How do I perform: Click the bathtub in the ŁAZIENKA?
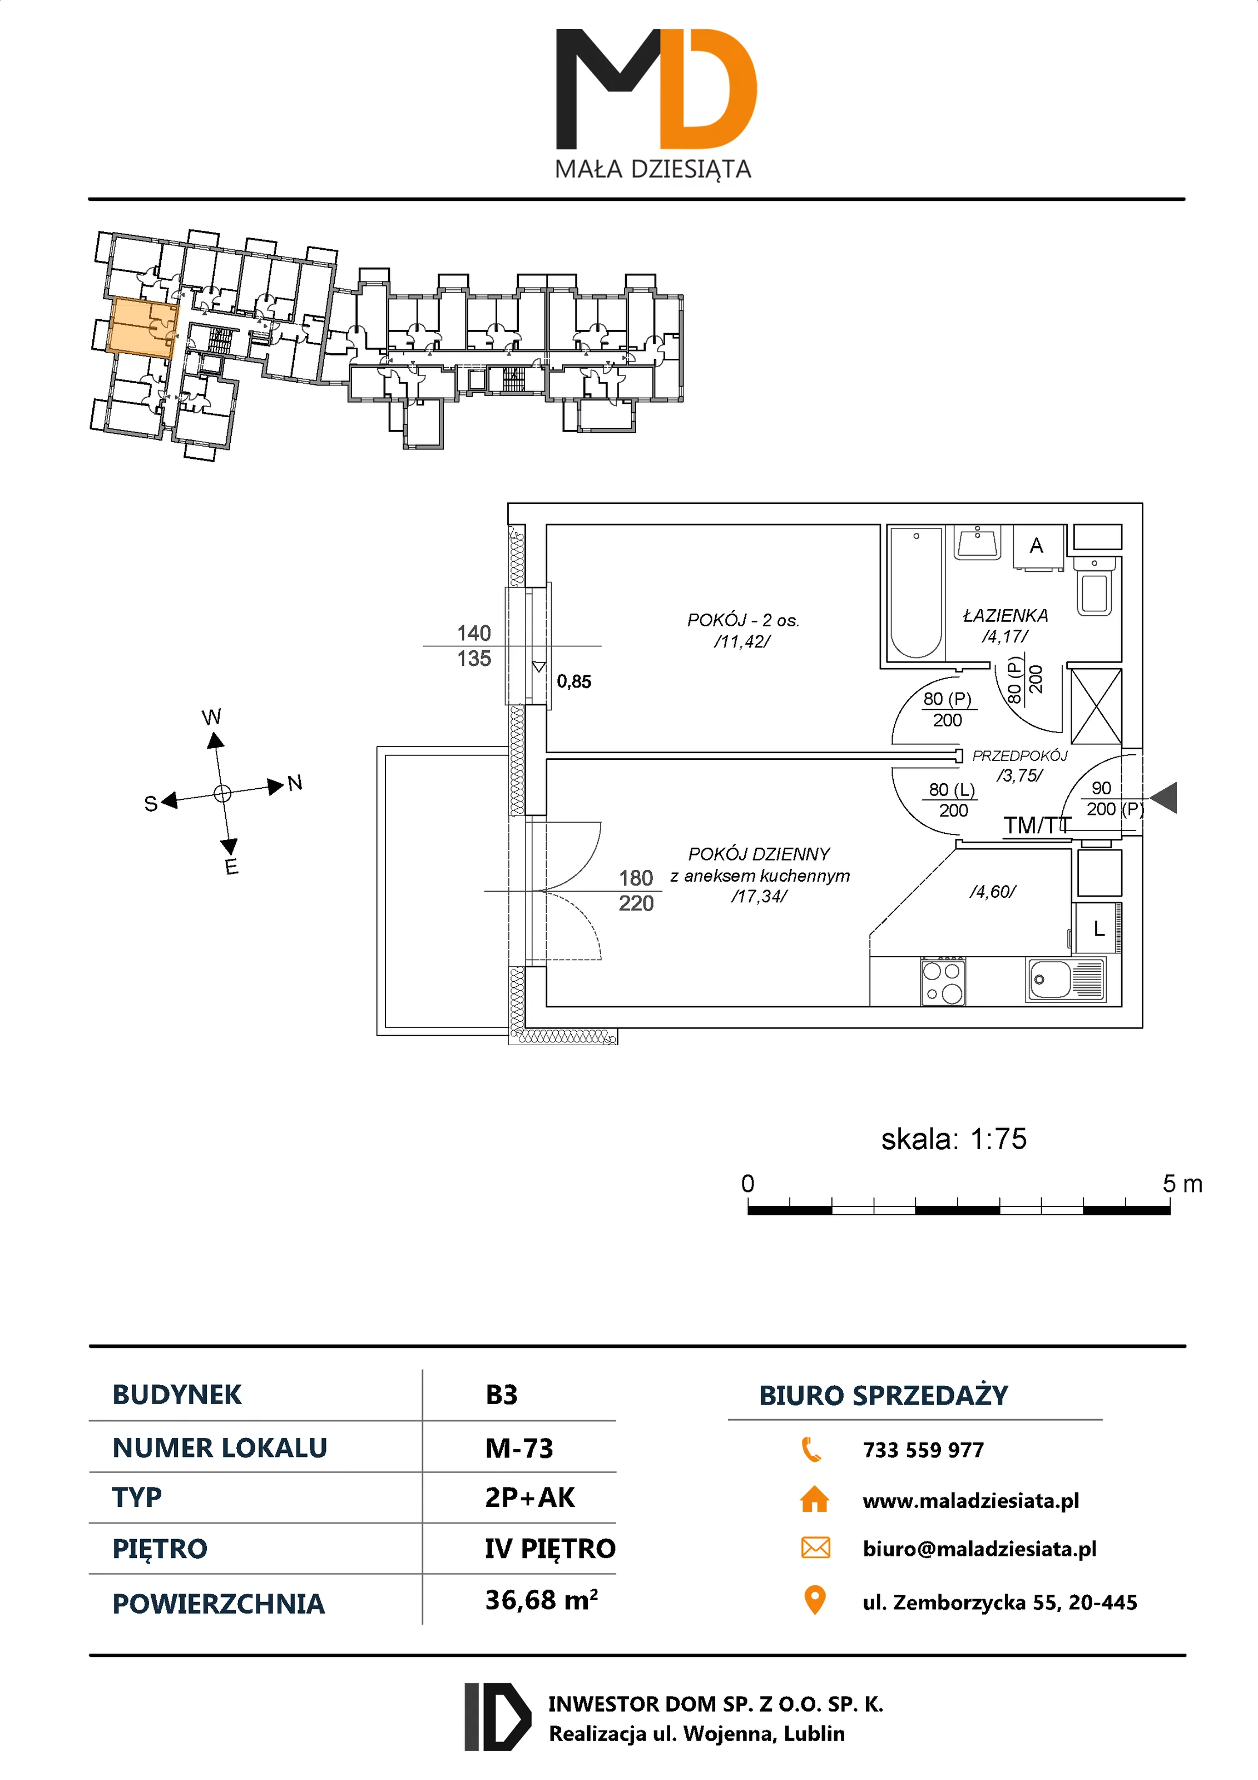point(915,592)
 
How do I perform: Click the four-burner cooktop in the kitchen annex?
point(943,981)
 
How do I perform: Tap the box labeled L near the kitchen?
point(1098,928)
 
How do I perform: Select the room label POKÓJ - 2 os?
point(742,620)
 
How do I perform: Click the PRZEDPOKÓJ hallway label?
point(1019,755)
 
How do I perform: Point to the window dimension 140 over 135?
point(474,646)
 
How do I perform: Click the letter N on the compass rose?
point(295,783)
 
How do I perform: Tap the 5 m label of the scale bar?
point(1181,1184)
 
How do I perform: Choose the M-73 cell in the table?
point(518,1448)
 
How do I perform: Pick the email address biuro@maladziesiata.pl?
point(979,1549)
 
